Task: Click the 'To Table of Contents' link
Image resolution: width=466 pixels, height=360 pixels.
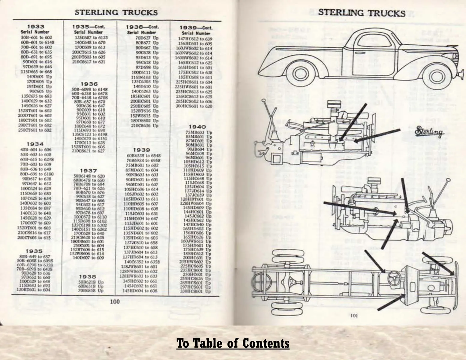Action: (233, 343)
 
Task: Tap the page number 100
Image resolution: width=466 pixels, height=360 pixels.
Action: (115, 301)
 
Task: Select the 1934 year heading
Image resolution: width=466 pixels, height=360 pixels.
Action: (35, 144)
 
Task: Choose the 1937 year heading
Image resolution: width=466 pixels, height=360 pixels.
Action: (89, 171)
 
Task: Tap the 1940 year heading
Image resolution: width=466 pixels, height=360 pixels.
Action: (197, 127)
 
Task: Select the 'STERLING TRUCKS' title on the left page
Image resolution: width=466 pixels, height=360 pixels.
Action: (116, 12)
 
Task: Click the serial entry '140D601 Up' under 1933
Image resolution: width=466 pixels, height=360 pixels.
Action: (39, 76)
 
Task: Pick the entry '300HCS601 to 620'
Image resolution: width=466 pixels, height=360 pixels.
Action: (194, 106)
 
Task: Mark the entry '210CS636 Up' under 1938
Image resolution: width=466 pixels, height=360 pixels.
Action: (142, 126)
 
